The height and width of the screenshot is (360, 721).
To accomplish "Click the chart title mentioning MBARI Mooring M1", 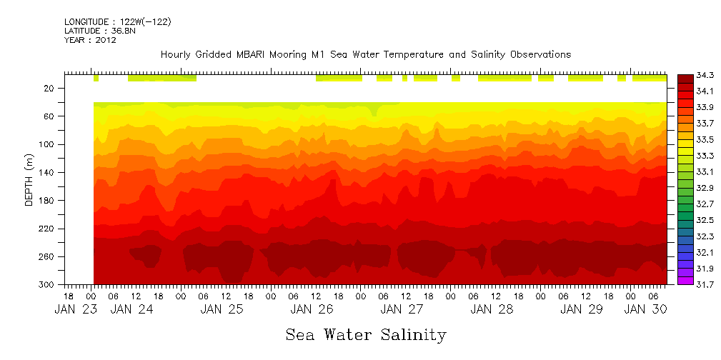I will (365, 55).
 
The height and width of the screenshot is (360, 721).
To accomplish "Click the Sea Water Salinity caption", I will (366, 335).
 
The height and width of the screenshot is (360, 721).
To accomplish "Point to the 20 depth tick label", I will (49, 89).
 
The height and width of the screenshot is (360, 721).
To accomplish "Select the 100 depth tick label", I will (48, 144).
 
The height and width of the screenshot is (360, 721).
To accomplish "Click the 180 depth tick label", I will (48, 201).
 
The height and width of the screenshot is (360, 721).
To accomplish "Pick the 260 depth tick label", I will (48, 256).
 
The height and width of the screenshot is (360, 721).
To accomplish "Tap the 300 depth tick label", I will (48, 284).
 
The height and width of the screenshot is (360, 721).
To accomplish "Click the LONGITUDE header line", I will (117, 22).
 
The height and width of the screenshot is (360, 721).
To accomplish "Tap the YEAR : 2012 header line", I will (90, 41).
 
